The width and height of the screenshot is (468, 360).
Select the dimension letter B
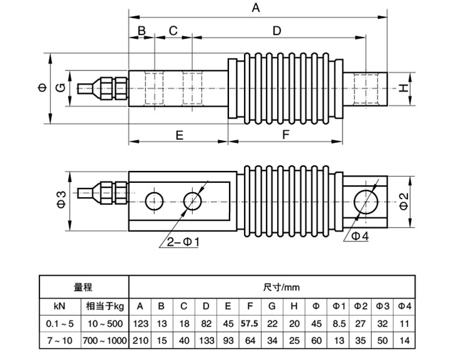pos(141,31)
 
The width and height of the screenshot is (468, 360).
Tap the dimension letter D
pos(277,31)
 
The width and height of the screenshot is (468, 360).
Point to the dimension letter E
pos(178,135)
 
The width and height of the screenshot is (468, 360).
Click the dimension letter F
pos(286,135)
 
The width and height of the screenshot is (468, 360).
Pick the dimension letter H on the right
pos(404,89)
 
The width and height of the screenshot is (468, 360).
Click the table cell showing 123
pos(140,324)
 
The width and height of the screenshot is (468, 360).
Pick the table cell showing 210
pos(140,341)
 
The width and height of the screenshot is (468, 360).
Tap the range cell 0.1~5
pos(61,324)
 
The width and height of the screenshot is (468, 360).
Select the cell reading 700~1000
pos(104,341)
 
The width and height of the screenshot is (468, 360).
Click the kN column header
pos(61,306)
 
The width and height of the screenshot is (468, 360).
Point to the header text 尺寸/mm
pos(271,288)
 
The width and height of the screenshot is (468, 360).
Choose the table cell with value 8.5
pos(339,324)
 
